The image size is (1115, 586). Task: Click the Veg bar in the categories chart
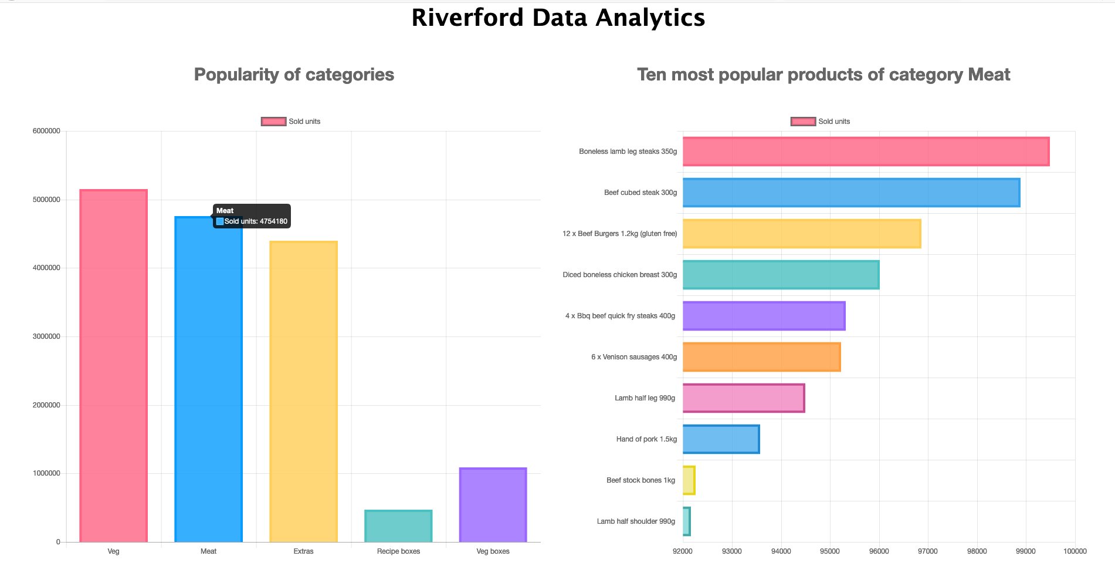click(113, 365)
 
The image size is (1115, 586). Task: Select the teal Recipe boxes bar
click(398, 526)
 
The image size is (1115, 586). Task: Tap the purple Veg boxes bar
click(493, 505)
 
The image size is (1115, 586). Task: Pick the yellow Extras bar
click(303, 391)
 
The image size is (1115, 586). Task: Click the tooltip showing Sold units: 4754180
click(252, 216)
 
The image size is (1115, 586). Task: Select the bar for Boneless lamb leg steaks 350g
click(866, 151)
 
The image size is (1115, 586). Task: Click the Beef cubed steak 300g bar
click(851, 193)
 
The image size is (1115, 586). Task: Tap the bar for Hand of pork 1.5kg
click(721, 439)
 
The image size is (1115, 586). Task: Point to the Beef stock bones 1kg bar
click(689, 480)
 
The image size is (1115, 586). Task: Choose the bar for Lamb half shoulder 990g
click(686, 521)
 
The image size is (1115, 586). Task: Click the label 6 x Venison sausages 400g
click(633, 357)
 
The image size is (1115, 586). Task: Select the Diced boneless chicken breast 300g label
click(619, 275)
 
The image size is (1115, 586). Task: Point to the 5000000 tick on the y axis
click(46, 200)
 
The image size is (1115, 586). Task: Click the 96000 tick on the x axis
click(879, 551)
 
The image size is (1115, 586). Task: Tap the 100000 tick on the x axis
click(1075, 551)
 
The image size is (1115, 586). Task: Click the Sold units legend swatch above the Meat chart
click(803, 122)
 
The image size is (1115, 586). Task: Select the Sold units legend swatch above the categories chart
click(273, 122)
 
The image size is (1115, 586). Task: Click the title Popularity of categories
click(294, 75)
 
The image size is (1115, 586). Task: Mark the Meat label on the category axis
click(208, 551)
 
